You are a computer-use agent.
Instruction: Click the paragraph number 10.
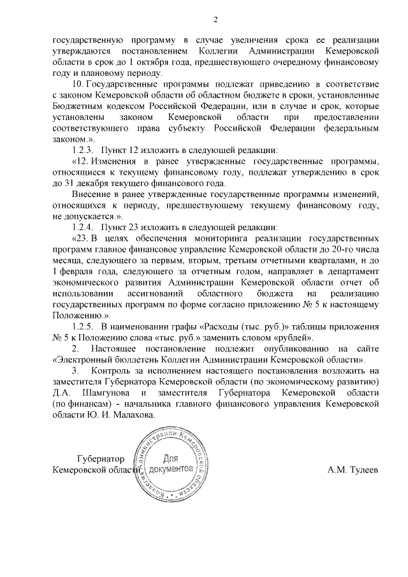(x=79, y=84)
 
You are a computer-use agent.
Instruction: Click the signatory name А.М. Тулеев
(x=353, y=470)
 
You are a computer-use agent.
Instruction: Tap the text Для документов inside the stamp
(x=170, y=464)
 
